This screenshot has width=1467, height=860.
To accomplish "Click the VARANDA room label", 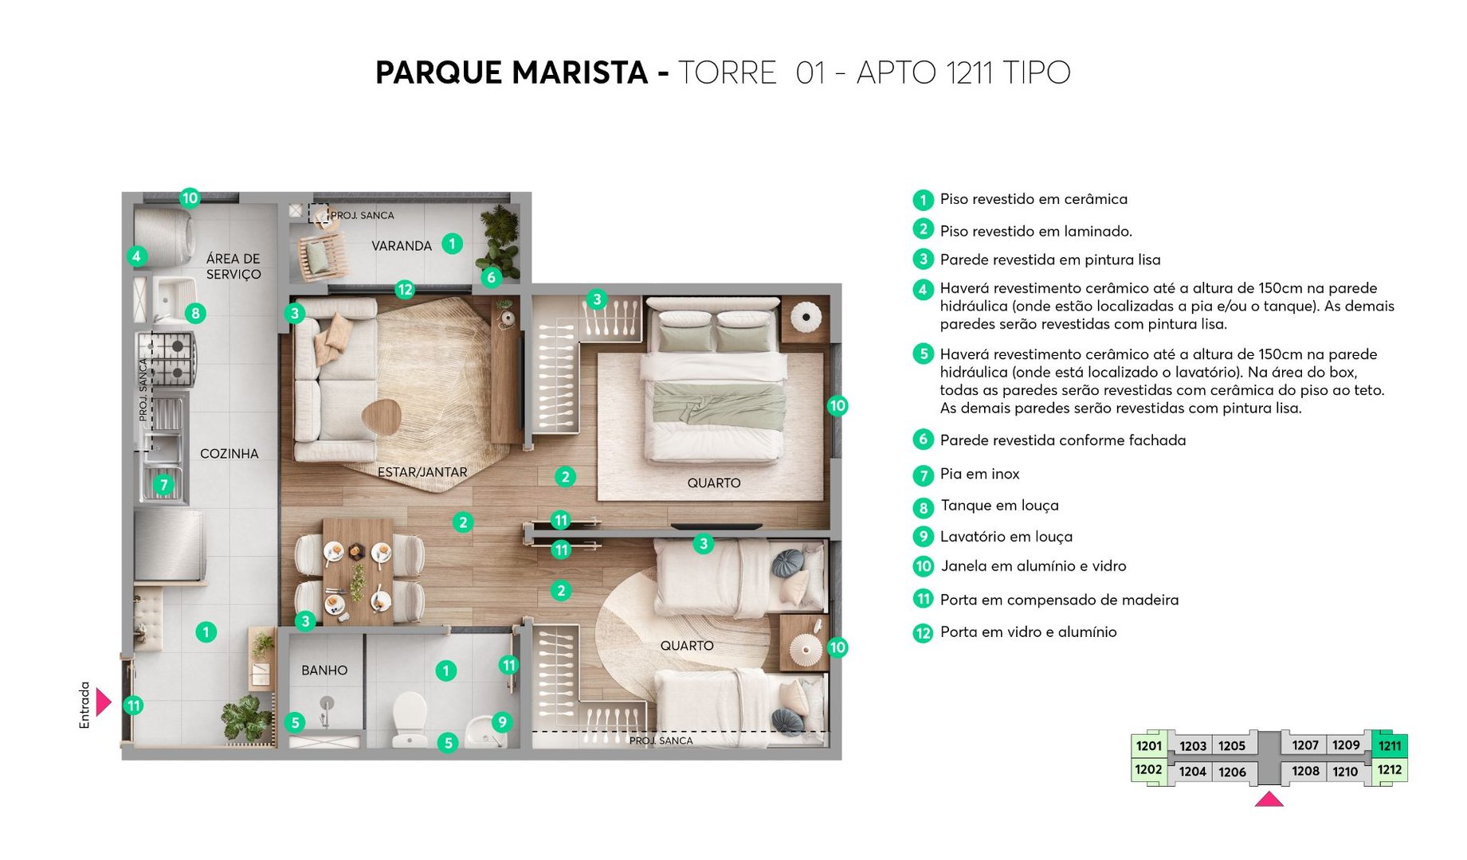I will click(x=401, y=246).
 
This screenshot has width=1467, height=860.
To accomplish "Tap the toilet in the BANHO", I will click(x=410, y=719).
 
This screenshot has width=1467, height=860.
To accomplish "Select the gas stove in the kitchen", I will click(x=166, y=358).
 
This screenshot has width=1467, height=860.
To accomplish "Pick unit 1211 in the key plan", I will click(x=1390, y=746).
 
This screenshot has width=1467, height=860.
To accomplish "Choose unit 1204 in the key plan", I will click(x=1192, y=772).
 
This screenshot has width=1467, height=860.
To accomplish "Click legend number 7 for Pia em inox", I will click(x=923, y=475).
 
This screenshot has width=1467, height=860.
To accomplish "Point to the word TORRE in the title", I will click(x=727, y=72).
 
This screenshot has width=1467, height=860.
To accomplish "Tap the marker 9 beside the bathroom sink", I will click(x=501, y=722).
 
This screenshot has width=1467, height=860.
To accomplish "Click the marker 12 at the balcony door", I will click(x=405, y=290).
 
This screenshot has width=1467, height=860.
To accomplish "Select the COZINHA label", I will click(x=229, y=454).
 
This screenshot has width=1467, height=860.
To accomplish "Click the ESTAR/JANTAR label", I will click(x=422, y=472).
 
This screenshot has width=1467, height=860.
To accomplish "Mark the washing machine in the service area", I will click(x=163, y=236).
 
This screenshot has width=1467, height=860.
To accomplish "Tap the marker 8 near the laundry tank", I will click(x=195, y=313).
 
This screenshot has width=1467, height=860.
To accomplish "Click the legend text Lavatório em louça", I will click(x=1006, y=537).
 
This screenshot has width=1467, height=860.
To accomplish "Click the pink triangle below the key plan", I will click(x=1269, y=799).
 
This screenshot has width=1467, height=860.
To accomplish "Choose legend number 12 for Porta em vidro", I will click(x=923, y=633).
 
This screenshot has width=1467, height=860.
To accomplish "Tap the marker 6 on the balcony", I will click(x=491, y=277).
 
